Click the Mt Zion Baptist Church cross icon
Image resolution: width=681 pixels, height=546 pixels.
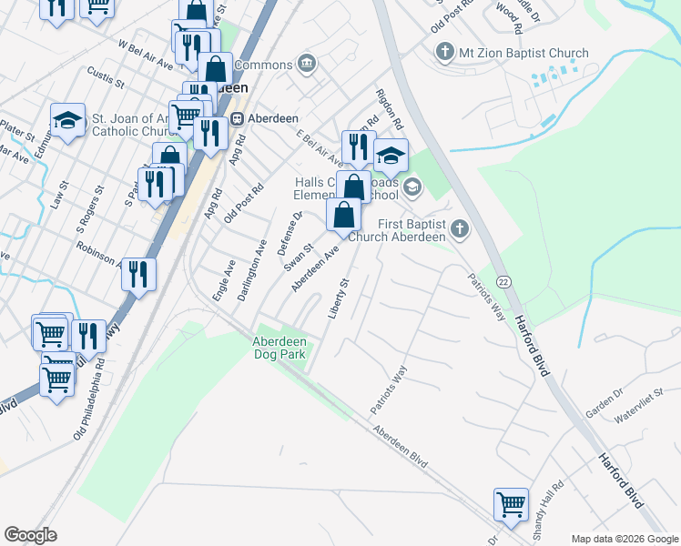point(445,53)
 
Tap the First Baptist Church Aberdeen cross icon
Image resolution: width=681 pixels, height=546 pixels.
point(460,229)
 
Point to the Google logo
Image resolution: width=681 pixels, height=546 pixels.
point(30,535)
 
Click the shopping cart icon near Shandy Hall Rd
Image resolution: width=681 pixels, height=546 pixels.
point(511,503)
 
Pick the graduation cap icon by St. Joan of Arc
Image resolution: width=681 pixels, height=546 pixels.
point(67,120)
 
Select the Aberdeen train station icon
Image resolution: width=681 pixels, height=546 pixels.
point(237,118)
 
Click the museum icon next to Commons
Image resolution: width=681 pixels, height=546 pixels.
point(306,65)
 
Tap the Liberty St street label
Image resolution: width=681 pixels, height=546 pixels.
point(339,298)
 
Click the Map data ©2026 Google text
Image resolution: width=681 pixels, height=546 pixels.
point(624,539)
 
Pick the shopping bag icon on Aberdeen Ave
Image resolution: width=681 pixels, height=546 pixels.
point(343,216)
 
